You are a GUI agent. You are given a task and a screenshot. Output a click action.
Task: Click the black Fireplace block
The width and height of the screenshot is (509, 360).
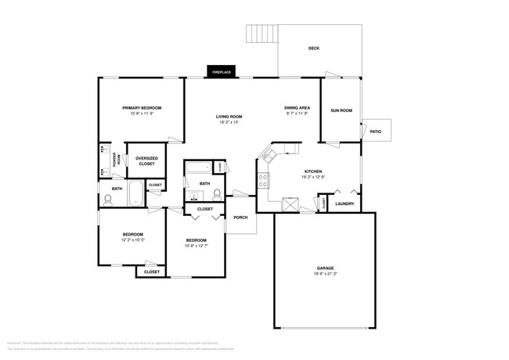tap(221, 72)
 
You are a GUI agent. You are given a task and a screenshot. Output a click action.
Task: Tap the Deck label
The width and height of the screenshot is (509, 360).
tap(313, 49)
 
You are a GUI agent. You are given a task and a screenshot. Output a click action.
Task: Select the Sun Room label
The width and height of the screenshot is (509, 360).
tap(341, 110)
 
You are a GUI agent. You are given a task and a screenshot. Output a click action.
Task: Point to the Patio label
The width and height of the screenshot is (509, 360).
tap(375, 131)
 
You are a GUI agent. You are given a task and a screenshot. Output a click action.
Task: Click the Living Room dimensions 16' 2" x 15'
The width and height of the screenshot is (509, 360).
tap(229, 122)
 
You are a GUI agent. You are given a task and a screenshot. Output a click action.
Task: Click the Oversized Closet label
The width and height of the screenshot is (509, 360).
tap(147, 160)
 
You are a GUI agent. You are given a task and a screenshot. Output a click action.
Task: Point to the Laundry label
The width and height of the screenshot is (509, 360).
tap(345, 204)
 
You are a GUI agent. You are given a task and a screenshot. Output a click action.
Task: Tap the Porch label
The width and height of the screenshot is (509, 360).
tap(240, 218)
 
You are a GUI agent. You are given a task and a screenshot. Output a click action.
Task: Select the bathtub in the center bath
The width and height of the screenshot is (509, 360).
tap(200, 167)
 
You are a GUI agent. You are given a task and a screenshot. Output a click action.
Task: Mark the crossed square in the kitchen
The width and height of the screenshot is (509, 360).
tap(291, 203)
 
